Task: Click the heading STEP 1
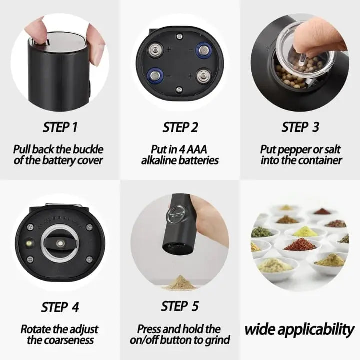click(60, 127)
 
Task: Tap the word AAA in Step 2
click(206, 149)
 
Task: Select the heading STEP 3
click(300, 127)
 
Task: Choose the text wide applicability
click(299, 330)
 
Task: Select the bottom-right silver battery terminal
click(203, 76)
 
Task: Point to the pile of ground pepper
click(180, 284)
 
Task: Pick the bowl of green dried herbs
click(262, 232)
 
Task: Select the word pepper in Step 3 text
click(286, 149)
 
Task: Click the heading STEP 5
click(180, 306)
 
